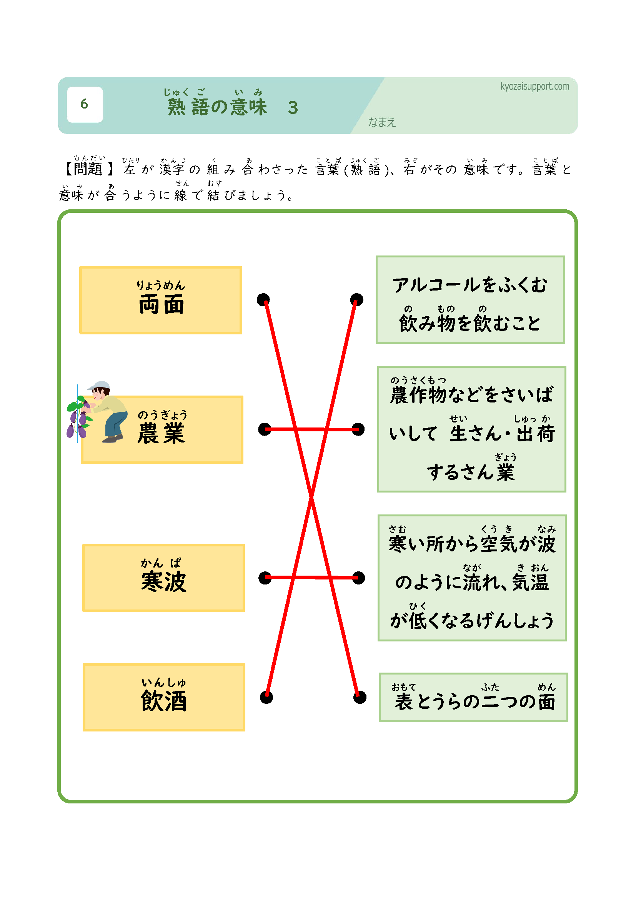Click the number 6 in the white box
(84, 104)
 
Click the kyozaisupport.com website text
(534, 86)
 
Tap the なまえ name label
(382, 123)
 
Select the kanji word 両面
(161, 305)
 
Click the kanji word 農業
(161, 434)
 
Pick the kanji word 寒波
(164, 582)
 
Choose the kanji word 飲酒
(164, 701)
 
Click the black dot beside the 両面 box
(263, 300)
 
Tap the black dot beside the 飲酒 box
(266, 697)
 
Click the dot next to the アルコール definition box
(356, 300)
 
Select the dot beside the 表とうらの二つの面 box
(360, 697)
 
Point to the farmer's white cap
(100, 385)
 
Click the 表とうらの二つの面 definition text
(475, 702)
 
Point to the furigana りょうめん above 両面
(161, 286)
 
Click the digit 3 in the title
(293, 108)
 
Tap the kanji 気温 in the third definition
(530, 582)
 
